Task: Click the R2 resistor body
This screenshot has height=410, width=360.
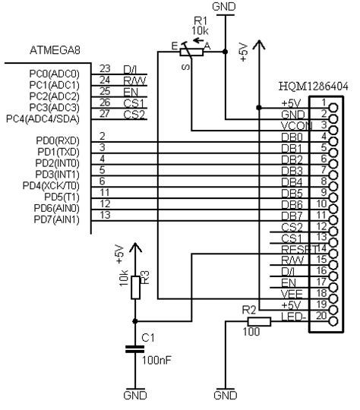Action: point(258,322)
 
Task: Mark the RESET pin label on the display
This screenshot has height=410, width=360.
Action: point(295,248)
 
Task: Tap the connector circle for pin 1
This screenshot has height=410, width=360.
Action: point(332,102)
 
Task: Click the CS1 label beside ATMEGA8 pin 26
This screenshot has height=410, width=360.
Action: point(134,103)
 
